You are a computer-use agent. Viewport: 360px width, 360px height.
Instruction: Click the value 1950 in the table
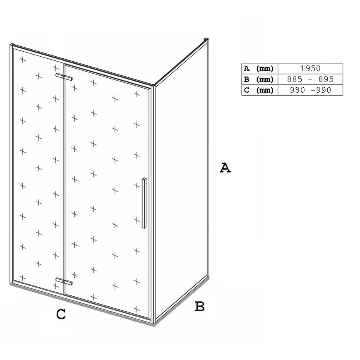[310, 68]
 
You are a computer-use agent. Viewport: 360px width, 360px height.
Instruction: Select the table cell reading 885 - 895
[310, 79]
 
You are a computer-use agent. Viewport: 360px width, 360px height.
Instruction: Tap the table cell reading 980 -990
[310, 90]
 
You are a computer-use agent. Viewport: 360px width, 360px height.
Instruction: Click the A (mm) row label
[259, 69]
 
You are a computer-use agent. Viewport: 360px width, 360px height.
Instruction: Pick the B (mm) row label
[259, 79]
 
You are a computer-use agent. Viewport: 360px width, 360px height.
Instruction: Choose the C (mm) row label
[259, 90]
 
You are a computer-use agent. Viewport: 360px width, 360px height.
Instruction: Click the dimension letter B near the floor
[200, 306]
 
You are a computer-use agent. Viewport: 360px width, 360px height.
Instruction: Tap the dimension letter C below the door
[61, 314]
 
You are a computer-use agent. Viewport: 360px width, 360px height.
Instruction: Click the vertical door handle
[144, 203]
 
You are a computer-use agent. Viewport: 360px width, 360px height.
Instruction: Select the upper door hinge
[64, 77]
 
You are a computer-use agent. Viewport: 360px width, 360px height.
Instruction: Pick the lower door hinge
[64, 281]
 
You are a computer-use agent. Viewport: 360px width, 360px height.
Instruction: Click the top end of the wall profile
[206, 39]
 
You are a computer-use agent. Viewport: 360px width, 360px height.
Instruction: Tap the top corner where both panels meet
[153, 85]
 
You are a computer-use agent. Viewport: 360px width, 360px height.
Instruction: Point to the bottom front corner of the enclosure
[154, 323]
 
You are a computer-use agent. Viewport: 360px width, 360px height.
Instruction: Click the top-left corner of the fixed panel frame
[11, 45]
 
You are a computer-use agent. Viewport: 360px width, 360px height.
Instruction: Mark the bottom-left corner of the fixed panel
[11, 284]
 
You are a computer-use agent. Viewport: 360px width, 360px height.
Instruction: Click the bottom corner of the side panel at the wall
[208, 277]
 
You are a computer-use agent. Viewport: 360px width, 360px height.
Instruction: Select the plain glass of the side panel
[181, 179]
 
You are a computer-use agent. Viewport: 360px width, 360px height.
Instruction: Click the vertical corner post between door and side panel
[153, 204]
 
